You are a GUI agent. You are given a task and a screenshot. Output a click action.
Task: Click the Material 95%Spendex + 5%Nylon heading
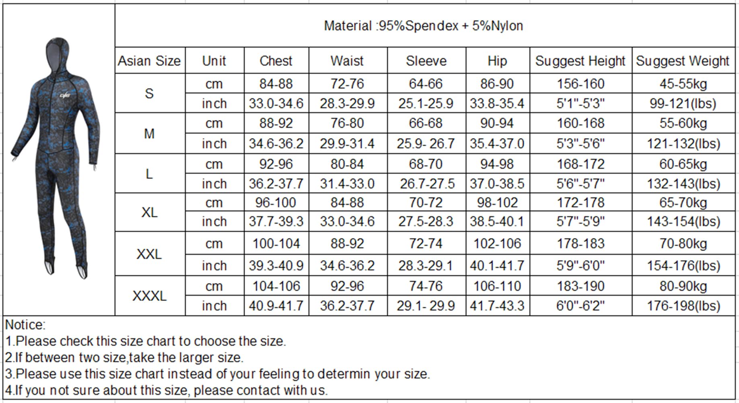pyautogui.click(x=423, y=26)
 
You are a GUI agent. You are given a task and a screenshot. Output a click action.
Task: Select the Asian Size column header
pyautogui.click(x=149, y=61)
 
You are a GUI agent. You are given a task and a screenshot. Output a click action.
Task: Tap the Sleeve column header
pyautogui.click(x=426, y=61)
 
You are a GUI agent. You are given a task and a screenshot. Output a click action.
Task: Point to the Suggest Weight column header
pyautogui.click(x=682, y=61)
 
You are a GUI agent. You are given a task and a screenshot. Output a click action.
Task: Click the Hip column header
pyautogui.click(x=497, y=61)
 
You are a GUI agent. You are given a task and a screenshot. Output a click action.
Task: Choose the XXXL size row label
pyautogui.click(x=149, y=296)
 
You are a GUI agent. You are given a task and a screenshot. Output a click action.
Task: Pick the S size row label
pyautogui.click(x=149, y=93)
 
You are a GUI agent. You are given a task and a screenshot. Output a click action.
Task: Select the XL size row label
pyautogui.click(x=149, y=212)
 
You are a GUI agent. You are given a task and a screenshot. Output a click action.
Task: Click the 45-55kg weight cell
pyautogui.click(x=683, y=84)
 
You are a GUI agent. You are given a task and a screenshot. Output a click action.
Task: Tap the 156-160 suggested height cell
pyautogui.click(x=580, y=84)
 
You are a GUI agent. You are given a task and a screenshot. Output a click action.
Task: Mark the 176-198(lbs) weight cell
pyautogui.click(x=683, y=306)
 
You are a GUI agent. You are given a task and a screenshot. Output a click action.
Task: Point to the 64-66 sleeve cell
pyautogui.click(x=426, y=84)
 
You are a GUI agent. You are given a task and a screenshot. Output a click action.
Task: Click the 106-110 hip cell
pyautogui.click(x=497, y=286)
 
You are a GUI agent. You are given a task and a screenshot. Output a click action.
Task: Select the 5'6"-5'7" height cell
pyautogui.click(x=580, y=184)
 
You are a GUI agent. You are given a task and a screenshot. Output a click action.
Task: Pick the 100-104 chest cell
pyautogui.click(x=276, y=244)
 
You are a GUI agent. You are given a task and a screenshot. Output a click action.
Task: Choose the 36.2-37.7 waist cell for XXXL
pyautogui.click(x=347, y=306)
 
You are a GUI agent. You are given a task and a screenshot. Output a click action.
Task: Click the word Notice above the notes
pyautogui.click(x=25, y=324)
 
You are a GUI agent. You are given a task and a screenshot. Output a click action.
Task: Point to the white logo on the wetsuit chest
pyautogui.click(x=65, y=95)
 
